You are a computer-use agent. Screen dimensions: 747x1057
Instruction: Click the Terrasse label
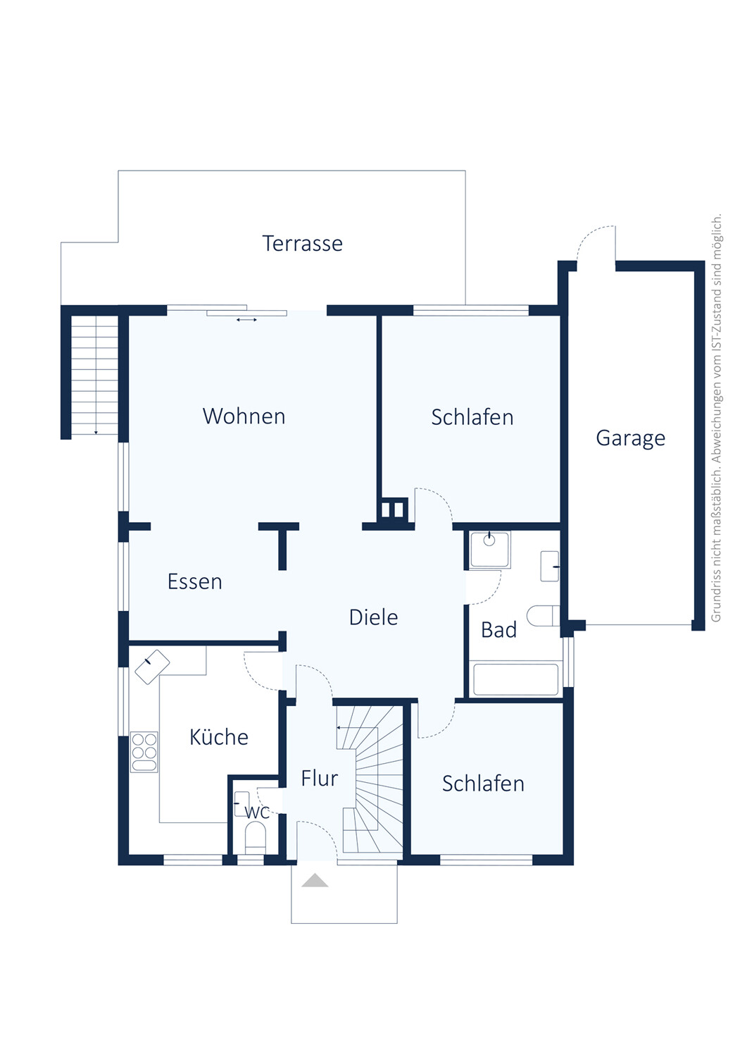click(x=302, y=244)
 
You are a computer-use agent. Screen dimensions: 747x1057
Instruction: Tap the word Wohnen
click(x=244, y=416)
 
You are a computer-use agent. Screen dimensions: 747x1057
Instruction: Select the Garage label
click(x=631, y=438)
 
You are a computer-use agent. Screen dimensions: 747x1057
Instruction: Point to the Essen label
click(x=195, y=581)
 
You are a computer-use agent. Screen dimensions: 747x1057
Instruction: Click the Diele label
click(x=373, y=617)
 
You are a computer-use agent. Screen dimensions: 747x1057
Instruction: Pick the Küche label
click(x=219, y=736)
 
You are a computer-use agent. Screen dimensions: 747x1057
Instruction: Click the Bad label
click(x=498, y=629)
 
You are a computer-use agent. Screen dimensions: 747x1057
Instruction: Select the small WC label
click(x=258, y=812)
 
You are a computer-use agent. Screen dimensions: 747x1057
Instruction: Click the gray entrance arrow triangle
click(x=315, y=880)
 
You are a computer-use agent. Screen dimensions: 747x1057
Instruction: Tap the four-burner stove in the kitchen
click(x=144, y=751)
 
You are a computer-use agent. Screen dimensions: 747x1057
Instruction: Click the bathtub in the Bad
click(x=515, y=679)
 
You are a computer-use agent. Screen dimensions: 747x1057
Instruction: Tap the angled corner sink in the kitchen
click(x=152, y=667)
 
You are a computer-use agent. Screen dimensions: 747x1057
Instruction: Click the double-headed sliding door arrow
click(x=246, y=320)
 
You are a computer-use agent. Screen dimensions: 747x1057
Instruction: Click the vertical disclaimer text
click(x=716, y=418)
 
